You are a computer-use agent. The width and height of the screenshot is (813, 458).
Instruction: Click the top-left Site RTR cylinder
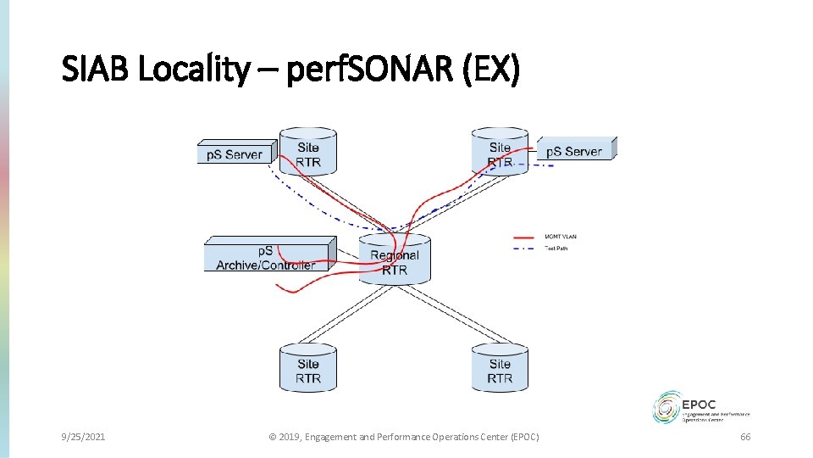pyautogui.click(x=308, y=153)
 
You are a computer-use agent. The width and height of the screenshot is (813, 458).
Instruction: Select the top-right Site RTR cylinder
pyautogui.click(x=500, y=153)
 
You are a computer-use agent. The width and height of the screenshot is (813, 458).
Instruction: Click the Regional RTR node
pyautogui.click(x=395, y=261)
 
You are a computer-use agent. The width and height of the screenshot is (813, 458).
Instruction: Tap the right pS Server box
pyautogui.click(x=574, y=151)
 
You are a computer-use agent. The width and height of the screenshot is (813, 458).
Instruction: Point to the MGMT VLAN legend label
pyautogui.click(x=561, y=237)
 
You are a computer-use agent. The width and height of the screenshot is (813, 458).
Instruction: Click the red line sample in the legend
pyautogui.click(x=523, y=237)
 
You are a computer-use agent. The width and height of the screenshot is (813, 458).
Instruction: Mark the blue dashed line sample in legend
pyautogui.click(x=523, y=249)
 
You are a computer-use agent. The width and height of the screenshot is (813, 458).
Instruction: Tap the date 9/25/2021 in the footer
pyautogui.click(x=83, y=437)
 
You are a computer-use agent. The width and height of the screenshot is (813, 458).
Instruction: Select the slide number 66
pyautogui.click(x=745, y=437)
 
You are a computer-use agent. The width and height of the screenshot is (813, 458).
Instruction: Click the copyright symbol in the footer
pyautogui.click(x=273, y=437)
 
